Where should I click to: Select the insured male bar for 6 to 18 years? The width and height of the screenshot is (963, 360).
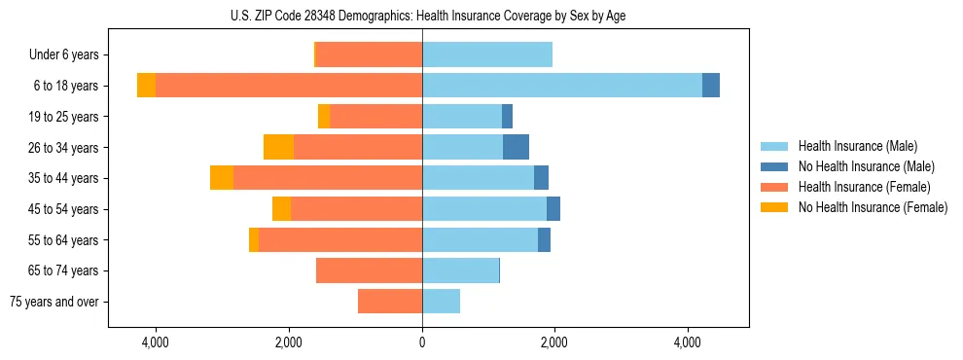pyautogui.click(x=561, y=86)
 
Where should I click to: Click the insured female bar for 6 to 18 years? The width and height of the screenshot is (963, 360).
pyautogui.click(x=288, y=86)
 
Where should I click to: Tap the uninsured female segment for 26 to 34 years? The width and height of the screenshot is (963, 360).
pyautogui.click(x=278, y=147)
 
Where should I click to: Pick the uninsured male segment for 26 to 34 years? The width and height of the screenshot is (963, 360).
pyautogui.click(x=516, y=147)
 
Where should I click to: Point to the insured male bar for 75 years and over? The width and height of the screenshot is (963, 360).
pyautogui.click(x=441, y=302)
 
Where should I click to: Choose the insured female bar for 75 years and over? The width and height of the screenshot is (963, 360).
pyautogui.click(x=389, y=302)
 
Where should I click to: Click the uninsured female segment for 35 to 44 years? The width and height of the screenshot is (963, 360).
pyautogui.click(x=222, y=178)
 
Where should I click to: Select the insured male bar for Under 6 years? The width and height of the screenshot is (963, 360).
pyautogui.click(x=486, y=54)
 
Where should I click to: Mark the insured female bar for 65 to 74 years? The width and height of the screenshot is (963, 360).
pyautogui.click(x=369, y=270)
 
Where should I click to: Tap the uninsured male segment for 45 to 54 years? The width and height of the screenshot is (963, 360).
pyautogui.click(x=553, y=209)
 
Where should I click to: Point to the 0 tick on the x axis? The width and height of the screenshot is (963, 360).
pyautogui.click(x=422, y=343)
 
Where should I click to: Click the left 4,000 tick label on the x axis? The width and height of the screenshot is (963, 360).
pyautogui.click(x=156, y=343)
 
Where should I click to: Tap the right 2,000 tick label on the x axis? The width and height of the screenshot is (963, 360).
pyautogui.click(x=554, y=343)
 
